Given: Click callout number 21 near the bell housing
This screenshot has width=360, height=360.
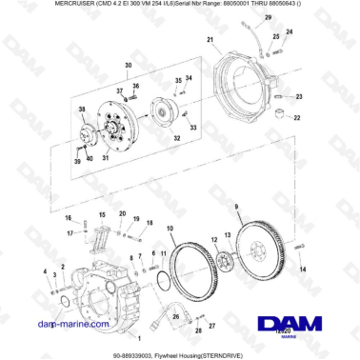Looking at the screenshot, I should click(x=209, y=39).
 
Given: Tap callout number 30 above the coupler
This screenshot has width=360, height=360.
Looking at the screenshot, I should click(x=127, y=66).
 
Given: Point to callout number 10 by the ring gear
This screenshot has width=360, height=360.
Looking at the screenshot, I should click(x=170, y=229).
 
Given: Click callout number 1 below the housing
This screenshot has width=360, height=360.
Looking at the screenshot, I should click(x=139, y=337).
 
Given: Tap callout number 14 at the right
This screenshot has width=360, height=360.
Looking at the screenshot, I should click(x=304, y=270).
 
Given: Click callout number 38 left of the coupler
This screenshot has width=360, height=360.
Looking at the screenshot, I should click(x=81, y=111).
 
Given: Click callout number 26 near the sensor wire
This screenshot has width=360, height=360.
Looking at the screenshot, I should click(x=200, y=330).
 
